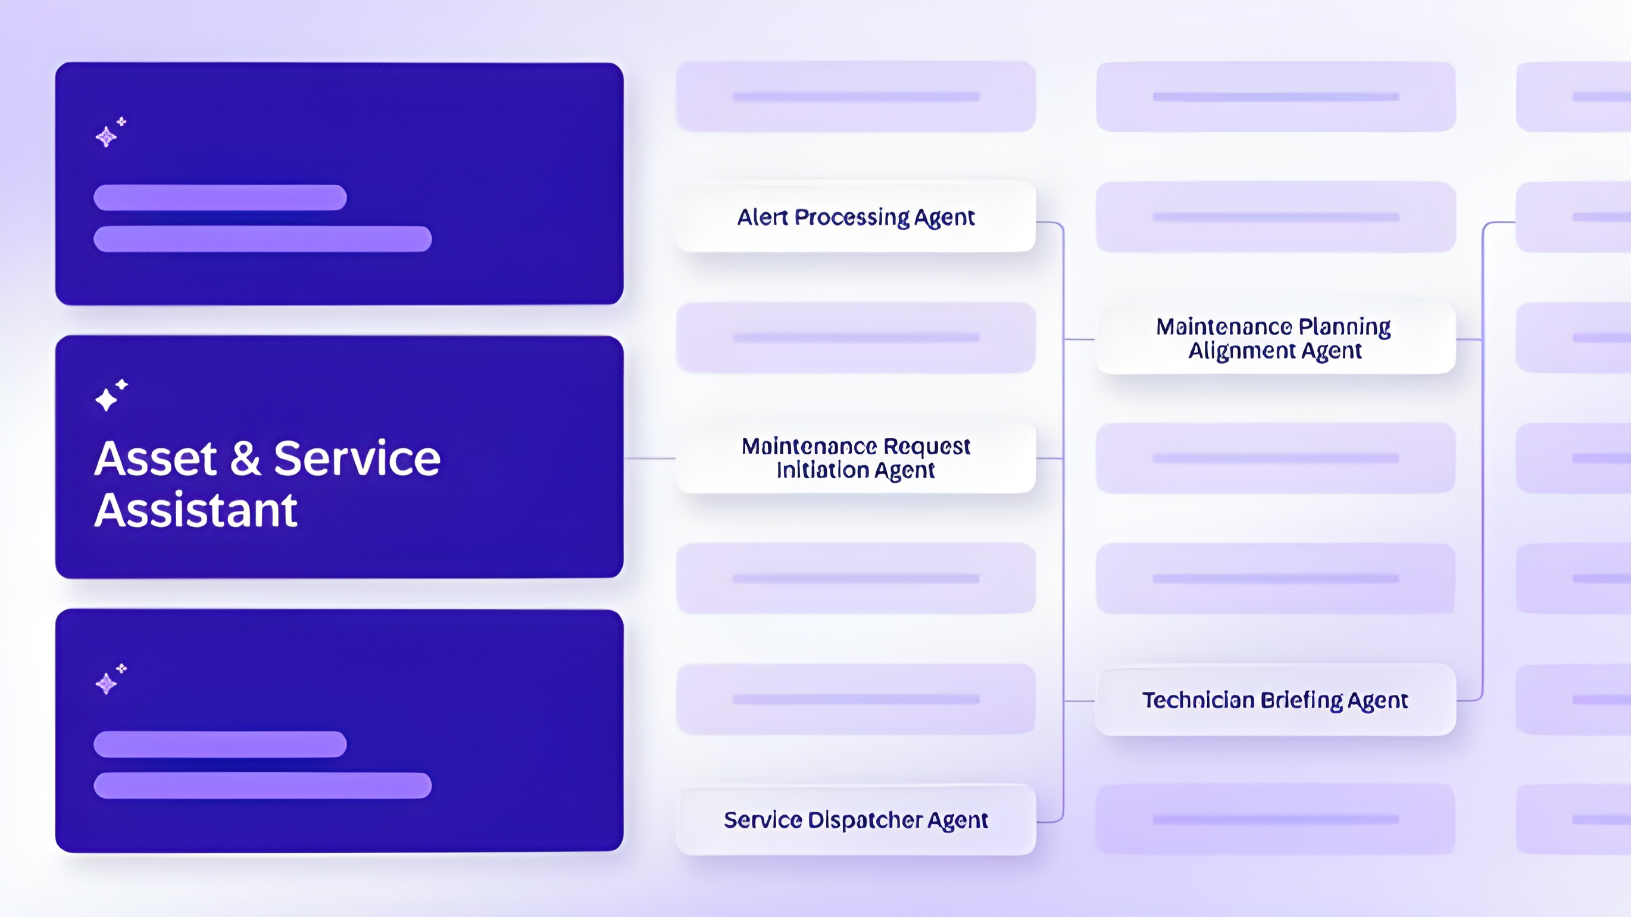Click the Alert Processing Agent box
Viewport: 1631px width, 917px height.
click(x=855, y=217)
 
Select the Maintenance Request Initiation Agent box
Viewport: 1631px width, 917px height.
click(x=855, y=458)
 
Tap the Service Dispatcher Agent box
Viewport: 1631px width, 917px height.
click(x=855, y=819)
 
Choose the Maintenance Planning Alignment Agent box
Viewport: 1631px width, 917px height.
click(x=1275, y=338)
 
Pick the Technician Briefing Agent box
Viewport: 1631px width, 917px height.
click(x=1275, y=700)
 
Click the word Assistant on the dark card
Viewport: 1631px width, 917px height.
click(x=196, y=510)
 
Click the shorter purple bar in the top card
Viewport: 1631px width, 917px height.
click(x=220, y=198)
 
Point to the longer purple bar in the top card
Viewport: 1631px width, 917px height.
click(x=263, y=239)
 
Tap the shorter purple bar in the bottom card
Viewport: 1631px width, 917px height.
click(x=220, y=744)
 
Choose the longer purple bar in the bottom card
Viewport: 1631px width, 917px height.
click(x=263, y=785)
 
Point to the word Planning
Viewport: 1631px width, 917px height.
click(x=1344, y=327)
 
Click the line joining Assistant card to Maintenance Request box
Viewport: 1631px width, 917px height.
click(x=649, y=458)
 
